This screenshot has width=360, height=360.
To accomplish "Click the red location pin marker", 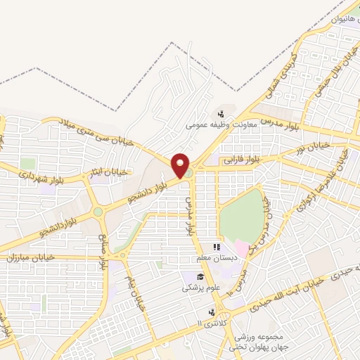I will point(181,165).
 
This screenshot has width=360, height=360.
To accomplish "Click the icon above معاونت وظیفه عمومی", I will point(220,112).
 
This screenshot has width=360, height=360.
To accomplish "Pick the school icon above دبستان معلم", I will point(217,247).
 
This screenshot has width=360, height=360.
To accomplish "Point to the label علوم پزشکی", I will point(200,287).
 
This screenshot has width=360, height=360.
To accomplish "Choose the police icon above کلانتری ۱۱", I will point(210,312).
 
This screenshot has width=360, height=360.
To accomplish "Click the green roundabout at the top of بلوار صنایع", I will point(98,211).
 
